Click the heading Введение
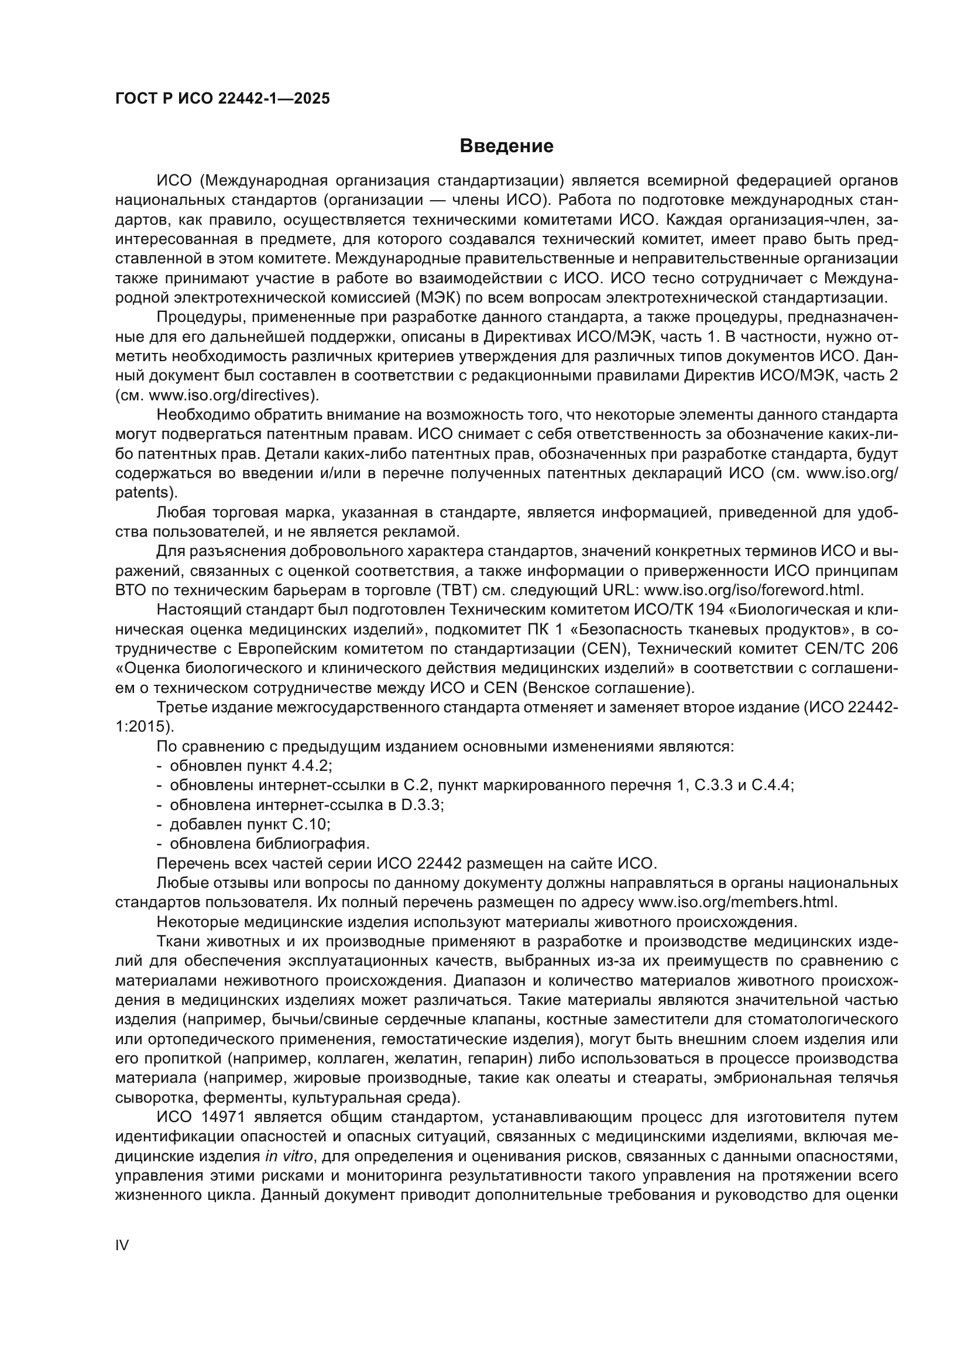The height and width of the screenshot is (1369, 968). [506, 146]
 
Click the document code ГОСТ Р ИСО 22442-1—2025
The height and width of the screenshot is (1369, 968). [222, 99]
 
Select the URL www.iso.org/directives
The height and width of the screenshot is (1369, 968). [233, 395]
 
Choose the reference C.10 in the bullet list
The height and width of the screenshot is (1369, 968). [310, 824]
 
